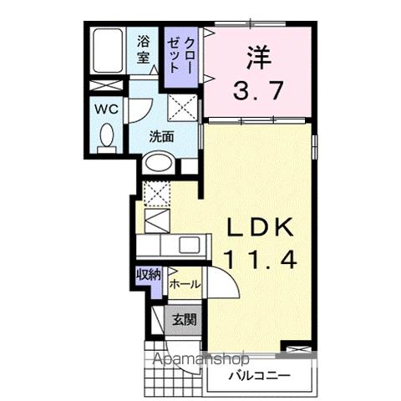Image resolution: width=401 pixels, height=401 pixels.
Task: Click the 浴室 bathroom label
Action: point(143,49)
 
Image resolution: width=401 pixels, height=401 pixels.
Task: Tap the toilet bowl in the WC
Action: point(107,139)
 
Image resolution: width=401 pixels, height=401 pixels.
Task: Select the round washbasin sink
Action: point(155,165)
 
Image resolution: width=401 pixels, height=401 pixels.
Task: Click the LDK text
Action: point(258,227)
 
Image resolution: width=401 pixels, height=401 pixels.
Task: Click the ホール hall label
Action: point(185,285)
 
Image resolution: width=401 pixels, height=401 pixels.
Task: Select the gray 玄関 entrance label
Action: point(185,318)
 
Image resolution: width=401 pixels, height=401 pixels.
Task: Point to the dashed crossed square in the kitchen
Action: point(156,193)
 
